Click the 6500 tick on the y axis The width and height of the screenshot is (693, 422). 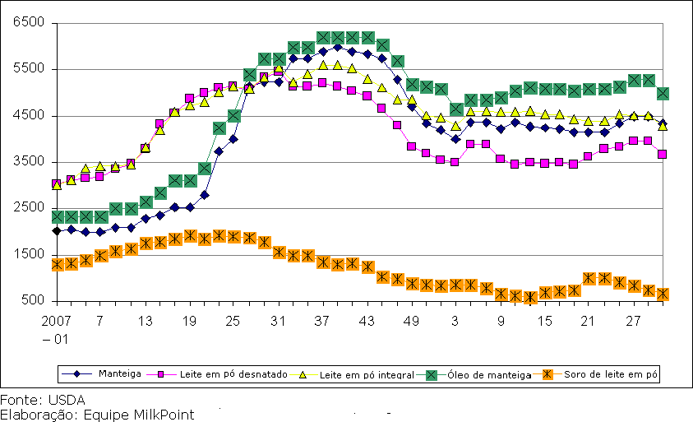click(27, 23)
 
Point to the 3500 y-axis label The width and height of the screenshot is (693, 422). click(27, 162)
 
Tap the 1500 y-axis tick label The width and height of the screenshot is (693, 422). click(27, 255)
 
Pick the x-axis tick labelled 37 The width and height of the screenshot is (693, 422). click(323, 320)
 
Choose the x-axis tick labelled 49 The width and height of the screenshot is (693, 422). click(412, 320)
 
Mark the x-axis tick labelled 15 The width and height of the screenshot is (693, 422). click(544, 320)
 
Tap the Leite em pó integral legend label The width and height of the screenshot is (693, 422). click(366, 374)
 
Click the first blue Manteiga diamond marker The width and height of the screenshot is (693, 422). click(57, 231)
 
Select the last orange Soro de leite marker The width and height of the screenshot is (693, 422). click(663, 294)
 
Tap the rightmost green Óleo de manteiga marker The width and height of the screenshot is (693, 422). click(663, 93)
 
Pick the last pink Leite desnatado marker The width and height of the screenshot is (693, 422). click(663, 154)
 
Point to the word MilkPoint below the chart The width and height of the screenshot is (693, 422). click(167, 415)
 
